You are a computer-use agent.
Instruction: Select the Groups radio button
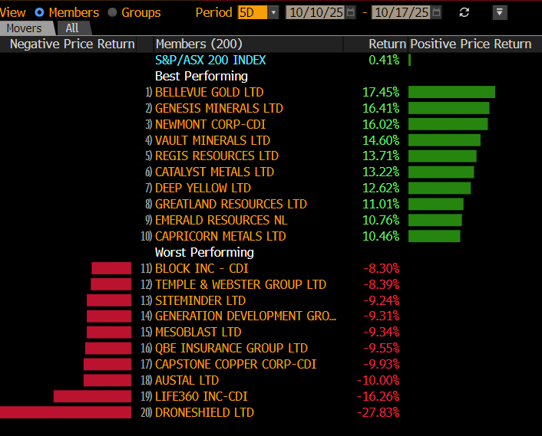tap(113, 12)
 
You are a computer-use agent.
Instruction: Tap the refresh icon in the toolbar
tap(464, 12)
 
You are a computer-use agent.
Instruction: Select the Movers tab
tap(25, 28)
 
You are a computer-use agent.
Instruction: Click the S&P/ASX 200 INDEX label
tap(210, 60)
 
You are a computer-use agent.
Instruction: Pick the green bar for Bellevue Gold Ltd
tap(451, 92)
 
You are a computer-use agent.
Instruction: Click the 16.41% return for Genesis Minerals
tap(381, 108)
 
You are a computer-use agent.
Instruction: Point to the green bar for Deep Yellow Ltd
tap(439, 188)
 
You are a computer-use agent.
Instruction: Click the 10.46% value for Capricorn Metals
tap(381, 236)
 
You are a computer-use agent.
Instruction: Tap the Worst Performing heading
tap(204, 252)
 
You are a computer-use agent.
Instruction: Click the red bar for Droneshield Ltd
tap(65, 412)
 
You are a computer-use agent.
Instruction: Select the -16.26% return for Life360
tap(378, 396)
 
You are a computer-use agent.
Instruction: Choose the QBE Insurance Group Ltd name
tap(231, 348)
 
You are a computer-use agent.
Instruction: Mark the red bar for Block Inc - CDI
tap(111, 268)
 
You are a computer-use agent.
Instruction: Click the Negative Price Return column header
tap(72, 44)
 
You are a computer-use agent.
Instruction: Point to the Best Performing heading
tap(201, 76)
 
